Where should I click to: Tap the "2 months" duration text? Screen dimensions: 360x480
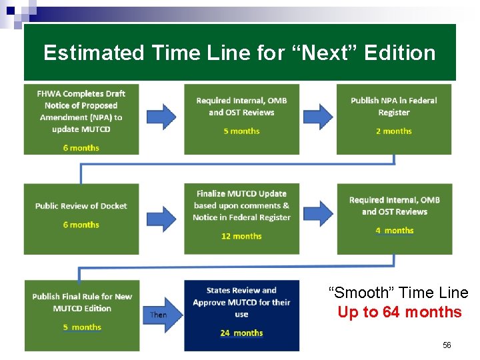pos(393,131)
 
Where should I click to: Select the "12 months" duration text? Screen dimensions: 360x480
pos(241,236)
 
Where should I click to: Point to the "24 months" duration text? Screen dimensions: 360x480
pos(241,333)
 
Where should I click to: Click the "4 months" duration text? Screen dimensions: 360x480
pos(394,231)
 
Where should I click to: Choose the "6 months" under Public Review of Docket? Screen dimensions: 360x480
pos(81,225)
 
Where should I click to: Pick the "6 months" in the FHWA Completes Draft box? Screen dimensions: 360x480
pos(81,147)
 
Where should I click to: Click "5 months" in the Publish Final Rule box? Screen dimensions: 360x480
pos(82,327)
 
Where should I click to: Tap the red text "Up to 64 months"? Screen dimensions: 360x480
pos(399,312)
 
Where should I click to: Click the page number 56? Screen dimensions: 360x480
pos(447,345)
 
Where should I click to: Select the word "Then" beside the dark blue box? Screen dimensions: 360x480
pos(159,315)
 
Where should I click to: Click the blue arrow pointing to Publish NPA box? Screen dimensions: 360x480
pos(317,116)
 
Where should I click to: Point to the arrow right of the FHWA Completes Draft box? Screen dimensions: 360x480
pos(160,116)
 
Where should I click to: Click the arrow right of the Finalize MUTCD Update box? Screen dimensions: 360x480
pos(317,213)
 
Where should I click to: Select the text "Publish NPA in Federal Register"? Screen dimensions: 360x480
pos(393,107)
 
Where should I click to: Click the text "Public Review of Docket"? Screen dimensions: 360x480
pos(81,206)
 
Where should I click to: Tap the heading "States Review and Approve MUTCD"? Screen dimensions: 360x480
pos(241,296)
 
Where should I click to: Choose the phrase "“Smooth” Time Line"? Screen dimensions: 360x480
pos(399,293)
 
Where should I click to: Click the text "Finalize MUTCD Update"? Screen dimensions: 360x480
pos(241,194)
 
